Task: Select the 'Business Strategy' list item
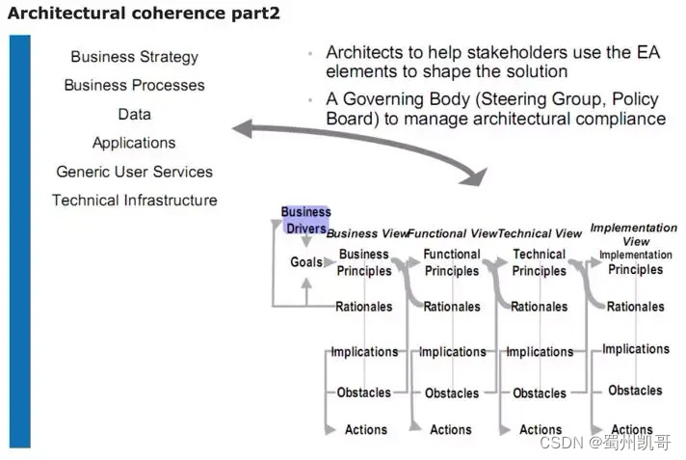click(x=134, y=57)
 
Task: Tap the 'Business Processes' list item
click(x=134, y=85)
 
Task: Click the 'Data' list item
click(x=134, y=114)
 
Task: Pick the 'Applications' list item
click(x=134, y=143)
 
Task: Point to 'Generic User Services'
click(x=134, y=172)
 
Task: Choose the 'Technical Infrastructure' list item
click(x=134, y=201)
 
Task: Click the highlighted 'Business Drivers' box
click(x=305, y=220)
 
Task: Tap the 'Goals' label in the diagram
click(x=306, y=262)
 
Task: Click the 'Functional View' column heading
click(x=451, y=233)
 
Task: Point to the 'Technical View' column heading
click(x=540, y=233)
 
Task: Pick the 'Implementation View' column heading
click(x=634, y=234)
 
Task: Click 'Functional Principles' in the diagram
click(x=452, y=262)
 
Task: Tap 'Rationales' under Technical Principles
click(x=540, y=307)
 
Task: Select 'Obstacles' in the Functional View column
click(x=452, y=393)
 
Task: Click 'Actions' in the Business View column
click(x=366, y=430)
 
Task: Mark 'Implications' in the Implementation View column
click(x=636, y=349)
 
